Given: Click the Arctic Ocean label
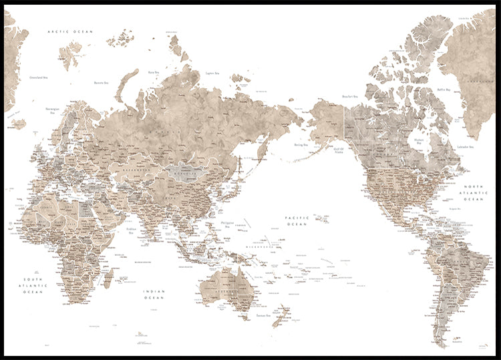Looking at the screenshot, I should [69, 31].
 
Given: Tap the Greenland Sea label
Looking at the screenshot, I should [41, 78].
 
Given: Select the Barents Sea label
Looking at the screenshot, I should [102, 83].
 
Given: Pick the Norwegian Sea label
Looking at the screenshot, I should [53, 109].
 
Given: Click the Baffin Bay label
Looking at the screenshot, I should [444, 89].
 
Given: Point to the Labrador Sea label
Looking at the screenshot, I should [465, 146].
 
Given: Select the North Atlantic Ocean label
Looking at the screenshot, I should [474, 193].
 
